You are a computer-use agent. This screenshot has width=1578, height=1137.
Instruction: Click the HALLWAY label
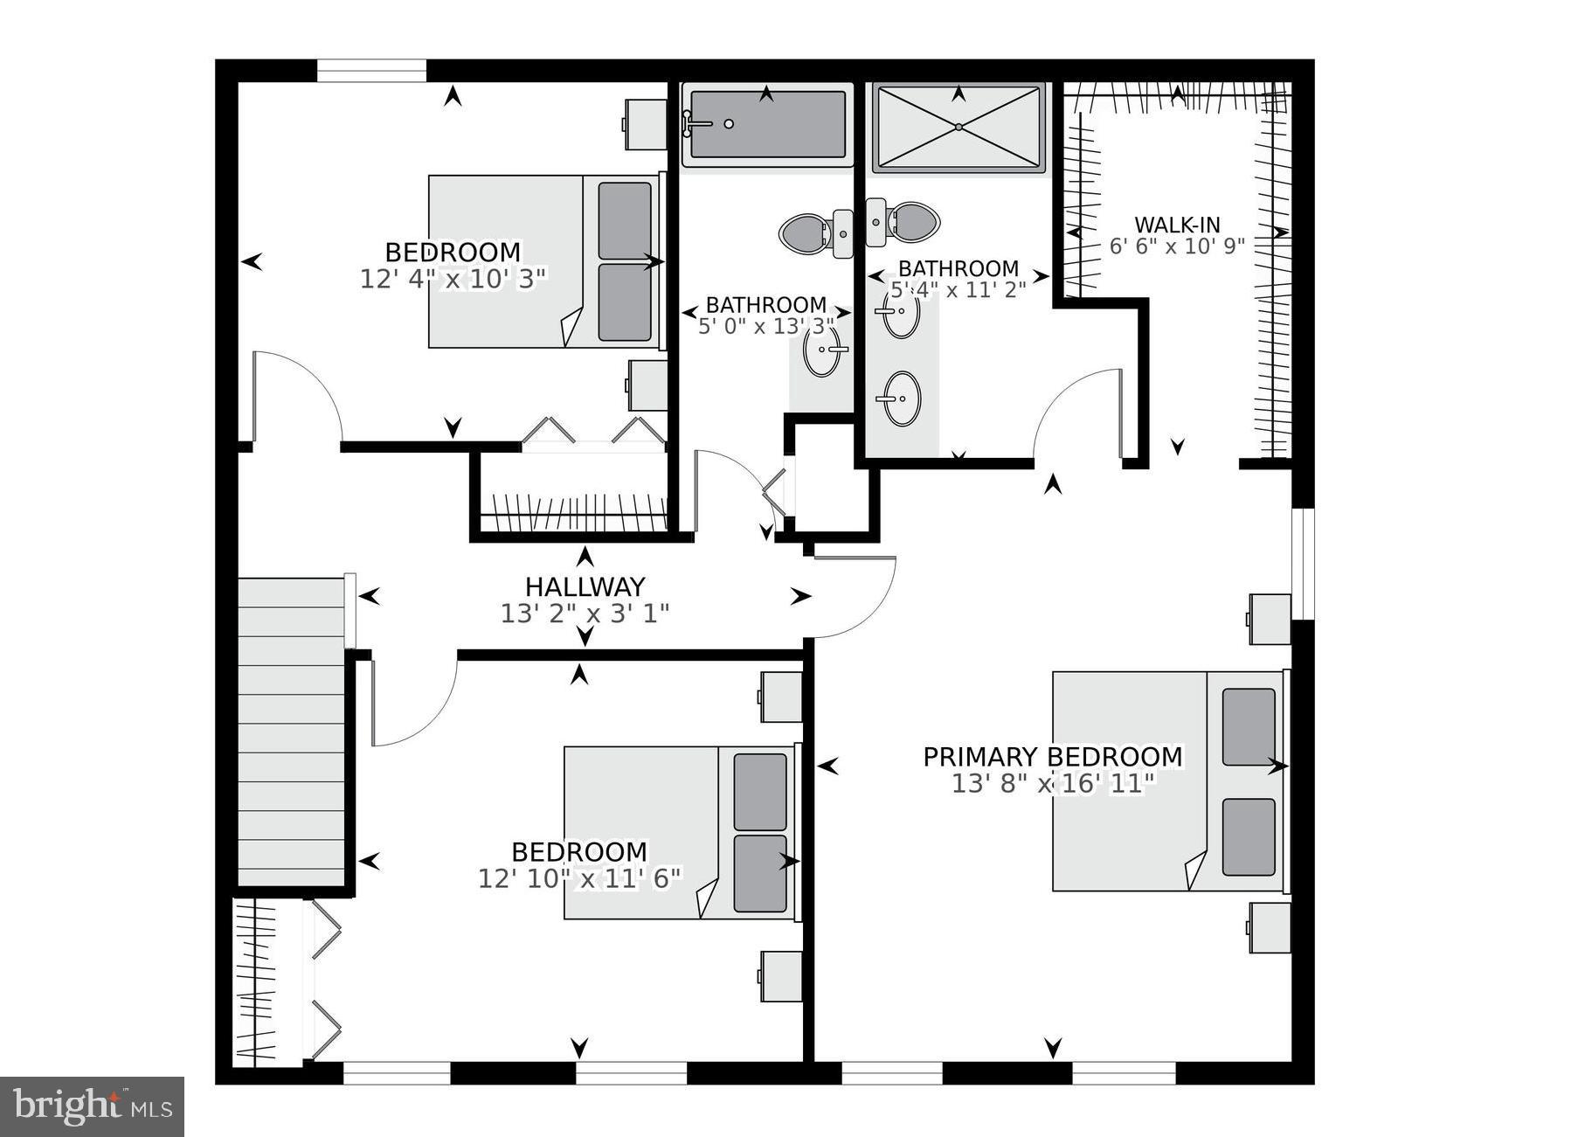coord(585,586)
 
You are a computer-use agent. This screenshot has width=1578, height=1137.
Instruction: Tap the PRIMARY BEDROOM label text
coord(1052,756)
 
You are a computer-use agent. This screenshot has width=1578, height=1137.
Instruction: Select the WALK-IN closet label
coord(1176,225)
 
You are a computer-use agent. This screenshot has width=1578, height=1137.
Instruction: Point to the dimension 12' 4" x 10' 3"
coord(453,279)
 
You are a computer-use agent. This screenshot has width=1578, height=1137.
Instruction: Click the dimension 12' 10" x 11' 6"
coord(578,877)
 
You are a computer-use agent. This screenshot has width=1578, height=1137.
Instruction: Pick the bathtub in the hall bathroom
coord(766,126)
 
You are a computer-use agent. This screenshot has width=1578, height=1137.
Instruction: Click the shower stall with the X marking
coord(959,128)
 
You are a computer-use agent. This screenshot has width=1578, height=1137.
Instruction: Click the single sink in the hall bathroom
coord(821,350)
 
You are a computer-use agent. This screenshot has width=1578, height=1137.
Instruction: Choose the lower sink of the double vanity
coord(901,399)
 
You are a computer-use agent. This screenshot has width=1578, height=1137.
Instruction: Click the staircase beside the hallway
coord(292,730)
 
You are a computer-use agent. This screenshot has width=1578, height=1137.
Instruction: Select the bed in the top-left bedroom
coord(543,261)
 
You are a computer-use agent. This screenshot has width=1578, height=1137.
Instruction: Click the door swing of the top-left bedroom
coord(297,393)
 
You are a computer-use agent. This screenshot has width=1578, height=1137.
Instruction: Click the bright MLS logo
coord(92,1106)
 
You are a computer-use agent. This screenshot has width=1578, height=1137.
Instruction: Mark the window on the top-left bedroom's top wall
coord(371,70)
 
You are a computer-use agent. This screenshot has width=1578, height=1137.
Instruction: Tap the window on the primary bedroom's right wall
coord(1302,563)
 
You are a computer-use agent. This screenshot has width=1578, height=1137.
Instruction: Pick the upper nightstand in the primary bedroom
coord(1270,619)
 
